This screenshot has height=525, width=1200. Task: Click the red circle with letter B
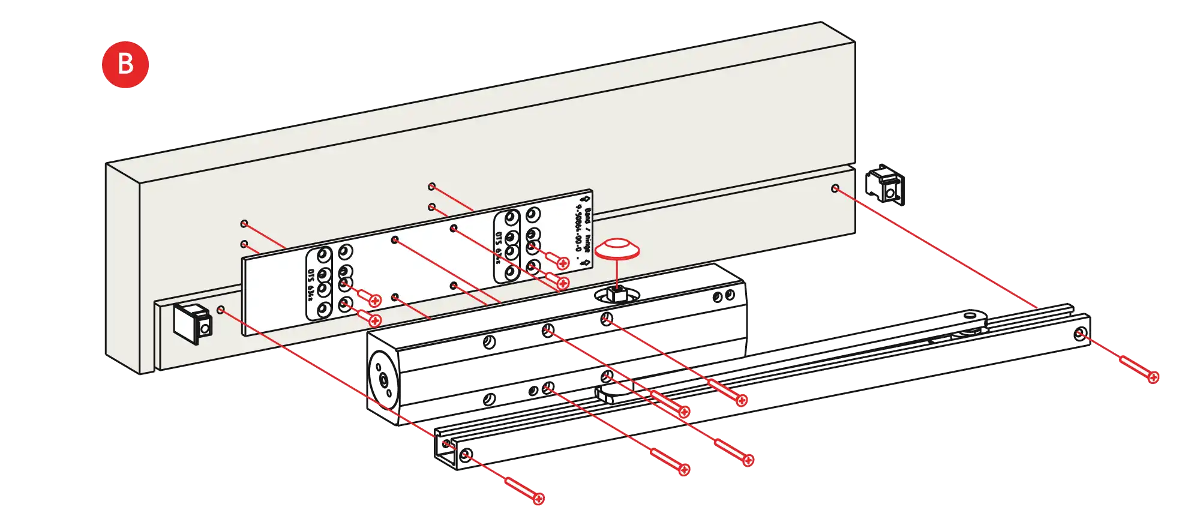(125, 63)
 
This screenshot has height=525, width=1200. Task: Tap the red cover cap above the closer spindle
(617, 248)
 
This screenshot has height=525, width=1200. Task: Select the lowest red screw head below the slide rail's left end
(538, 498)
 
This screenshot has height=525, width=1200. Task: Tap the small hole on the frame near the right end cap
(835, 188)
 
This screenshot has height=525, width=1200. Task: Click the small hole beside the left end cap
(221, 310)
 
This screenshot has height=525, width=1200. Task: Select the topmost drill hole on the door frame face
(431, 187)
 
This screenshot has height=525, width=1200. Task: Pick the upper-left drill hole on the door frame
(244, 223)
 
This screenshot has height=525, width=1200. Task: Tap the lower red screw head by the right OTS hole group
(562, 283)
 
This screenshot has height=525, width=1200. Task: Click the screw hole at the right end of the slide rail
(1079, 335)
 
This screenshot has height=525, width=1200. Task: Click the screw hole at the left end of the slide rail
(466, 456)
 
